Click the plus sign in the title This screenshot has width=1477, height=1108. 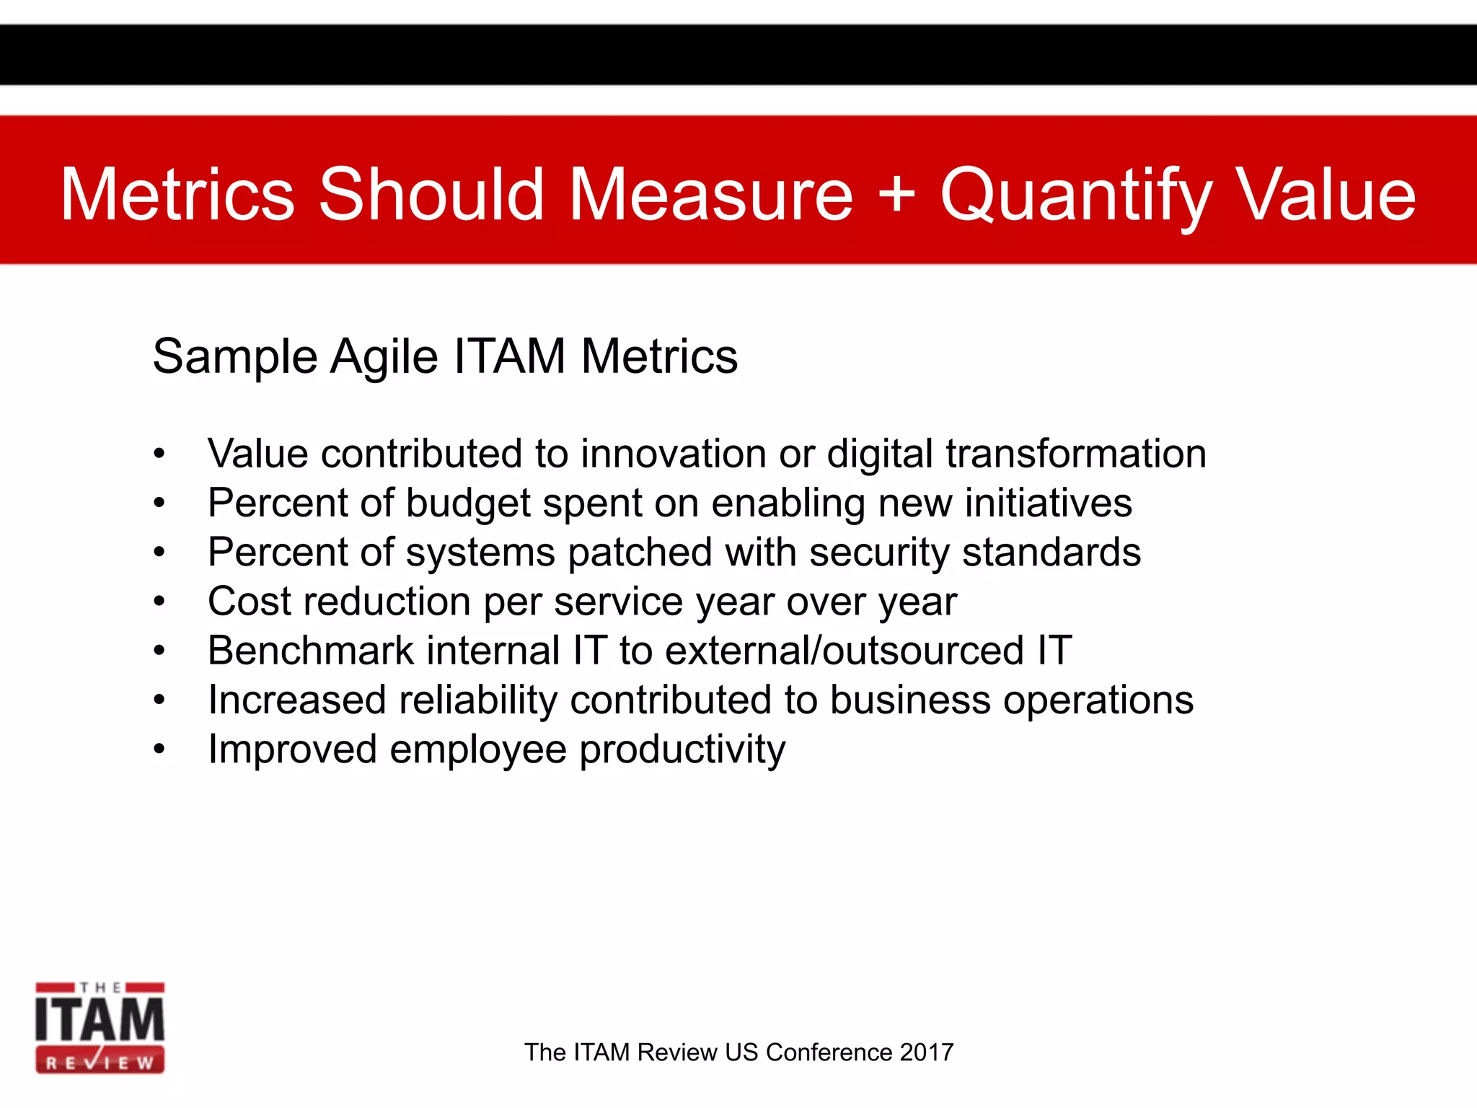point(896,193)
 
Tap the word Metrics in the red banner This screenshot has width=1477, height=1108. point(177,195)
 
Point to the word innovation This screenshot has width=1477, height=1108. point(674,454)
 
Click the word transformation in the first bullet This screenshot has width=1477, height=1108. point(1075,454)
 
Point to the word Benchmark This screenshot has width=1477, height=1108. point(310,651)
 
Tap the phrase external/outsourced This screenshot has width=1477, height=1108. point(844,651)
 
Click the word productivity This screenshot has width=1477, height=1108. point(682,750)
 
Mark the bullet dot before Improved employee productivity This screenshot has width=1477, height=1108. point(159,749)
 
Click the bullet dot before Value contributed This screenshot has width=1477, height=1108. point(159,454)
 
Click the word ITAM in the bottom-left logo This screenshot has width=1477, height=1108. point(100,1019)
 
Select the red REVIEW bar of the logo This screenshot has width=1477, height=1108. point(100,1063)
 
